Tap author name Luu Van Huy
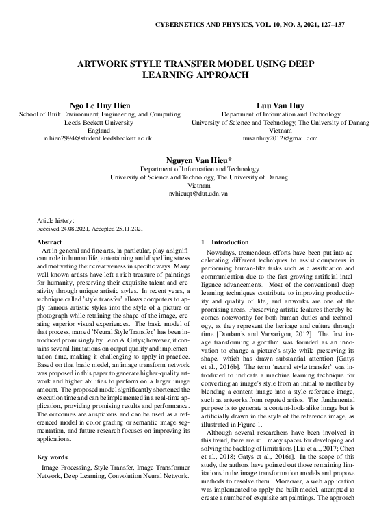pyautogui.click(x=271, y=106)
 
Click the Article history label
pyautogui.click(x=59, y=222)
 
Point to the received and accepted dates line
pyautogui.click(x=90, y=229)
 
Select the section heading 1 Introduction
pyautogui.click(x=226, y=242)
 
